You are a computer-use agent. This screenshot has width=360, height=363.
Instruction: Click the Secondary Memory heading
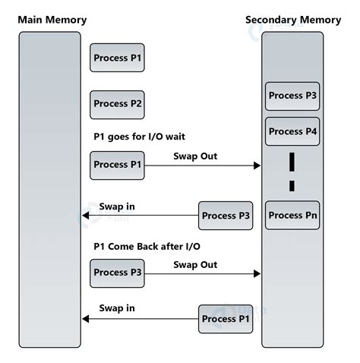tap(293, 20)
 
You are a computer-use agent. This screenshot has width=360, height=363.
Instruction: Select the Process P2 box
tap(117, 104)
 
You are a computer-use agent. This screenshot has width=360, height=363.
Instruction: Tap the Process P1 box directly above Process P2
tap(117, 58)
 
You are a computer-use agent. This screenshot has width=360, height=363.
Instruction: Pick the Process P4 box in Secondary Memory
tap(292, 131)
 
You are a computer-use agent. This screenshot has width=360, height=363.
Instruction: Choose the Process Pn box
tap(292, 215)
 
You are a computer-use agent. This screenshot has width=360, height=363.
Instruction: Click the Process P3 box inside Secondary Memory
tap(292, 96)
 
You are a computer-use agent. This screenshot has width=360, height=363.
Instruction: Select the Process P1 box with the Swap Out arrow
tap(117, 165)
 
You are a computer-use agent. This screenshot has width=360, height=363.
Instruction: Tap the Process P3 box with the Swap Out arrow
tap(117, 273)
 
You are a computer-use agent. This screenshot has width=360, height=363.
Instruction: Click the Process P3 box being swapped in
tap(226, 216)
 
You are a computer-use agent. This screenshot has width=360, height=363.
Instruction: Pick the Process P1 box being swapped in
tap(226, 319)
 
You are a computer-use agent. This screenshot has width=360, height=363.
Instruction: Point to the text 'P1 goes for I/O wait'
tap(139, 137)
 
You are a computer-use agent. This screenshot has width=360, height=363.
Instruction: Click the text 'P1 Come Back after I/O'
tap(146, 246)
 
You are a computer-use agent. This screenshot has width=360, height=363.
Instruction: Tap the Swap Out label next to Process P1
tap(195, 155)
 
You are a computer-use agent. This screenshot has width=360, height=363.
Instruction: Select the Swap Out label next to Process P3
tap(195, 264)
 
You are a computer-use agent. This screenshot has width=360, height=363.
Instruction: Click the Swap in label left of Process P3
tap(117, 207)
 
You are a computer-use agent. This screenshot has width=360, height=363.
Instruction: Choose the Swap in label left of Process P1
tap(117, 308)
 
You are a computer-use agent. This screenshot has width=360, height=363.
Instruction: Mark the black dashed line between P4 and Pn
tap(292, 172)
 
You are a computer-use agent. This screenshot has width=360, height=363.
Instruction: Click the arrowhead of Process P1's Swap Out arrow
tap(257, 166)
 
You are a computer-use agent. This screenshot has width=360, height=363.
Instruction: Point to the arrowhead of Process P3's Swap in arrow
tap(86, 216)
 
